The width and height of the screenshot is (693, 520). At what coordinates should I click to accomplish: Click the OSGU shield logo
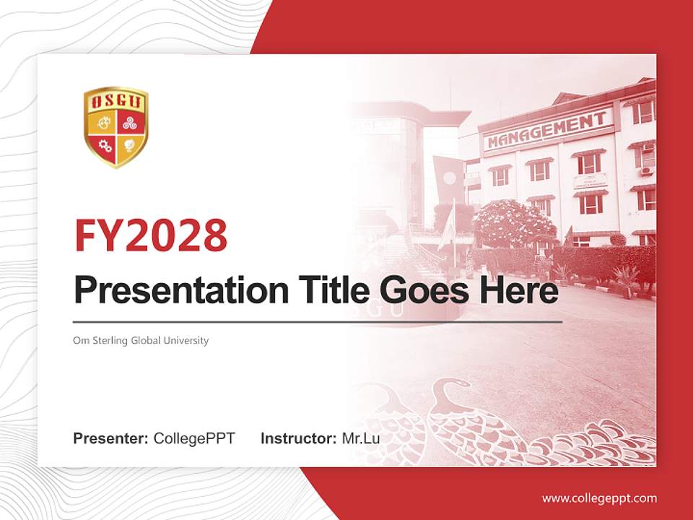click(x=115, y=127)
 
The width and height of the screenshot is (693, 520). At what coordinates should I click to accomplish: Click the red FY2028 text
click(x=151, y=235)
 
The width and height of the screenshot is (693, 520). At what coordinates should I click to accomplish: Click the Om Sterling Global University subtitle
click(x=141, y=340)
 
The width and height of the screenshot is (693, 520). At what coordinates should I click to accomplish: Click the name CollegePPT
click(x=194, y=438)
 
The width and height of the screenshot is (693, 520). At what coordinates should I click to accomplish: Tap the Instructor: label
click(x=298, y=438)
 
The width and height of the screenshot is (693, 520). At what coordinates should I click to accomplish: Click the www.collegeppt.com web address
click(x=599, y=498)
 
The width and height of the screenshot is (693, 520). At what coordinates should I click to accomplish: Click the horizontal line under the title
click(x=318, y=321)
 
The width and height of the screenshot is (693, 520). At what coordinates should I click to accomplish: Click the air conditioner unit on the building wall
click(x=647, y=171)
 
